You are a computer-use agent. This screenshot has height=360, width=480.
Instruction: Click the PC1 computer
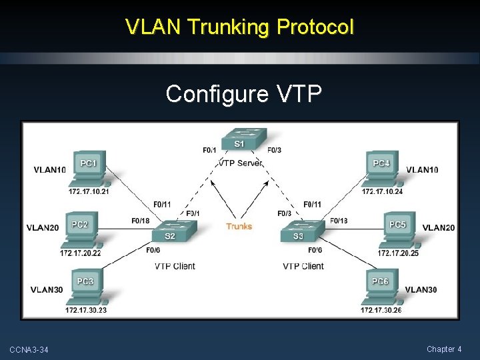[x=88, y=170]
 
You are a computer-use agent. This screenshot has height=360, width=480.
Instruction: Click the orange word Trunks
[x=239, y=227]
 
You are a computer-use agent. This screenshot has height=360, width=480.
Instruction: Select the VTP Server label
[x=241, y=163]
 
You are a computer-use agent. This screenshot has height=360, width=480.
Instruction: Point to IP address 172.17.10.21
[x=88, y=192]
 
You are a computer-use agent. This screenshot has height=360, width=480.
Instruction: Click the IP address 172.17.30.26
[x=381, y=310]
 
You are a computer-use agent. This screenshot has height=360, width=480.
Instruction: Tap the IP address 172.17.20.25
[x=398, y=253]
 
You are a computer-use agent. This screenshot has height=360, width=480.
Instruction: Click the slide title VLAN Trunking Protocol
[x=240, y=27]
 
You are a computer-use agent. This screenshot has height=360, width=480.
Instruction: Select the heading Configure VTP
[x=243, y=94]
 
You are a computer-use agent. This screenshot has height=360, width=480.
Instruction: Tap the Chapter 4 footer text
[x=445, y=349]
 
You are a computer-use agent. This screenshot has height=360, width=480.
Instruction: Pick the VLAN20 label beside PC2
[x=43, y=228]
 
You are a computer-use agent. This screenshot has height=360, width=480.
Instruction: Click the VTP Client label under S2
[x=175, y=266]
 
